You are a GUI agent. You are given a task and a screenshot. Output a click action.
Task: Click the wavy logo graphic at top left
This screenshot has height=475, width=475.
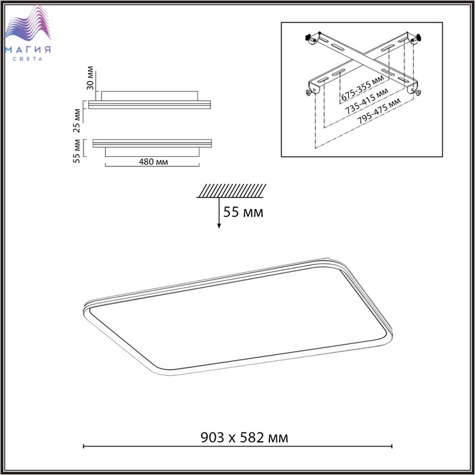coord(28,24)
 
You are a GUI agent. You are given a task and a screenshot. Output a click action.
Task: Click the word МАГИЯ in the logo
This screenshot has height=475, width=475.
coord(28,50)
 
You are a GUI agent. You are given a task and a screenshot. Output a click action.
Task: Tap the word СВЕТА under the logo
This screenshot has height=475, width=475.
coord(28,59)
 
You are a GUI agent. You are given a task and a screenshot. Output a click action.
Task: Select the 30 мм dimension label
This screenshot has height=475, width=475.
coord(90,78)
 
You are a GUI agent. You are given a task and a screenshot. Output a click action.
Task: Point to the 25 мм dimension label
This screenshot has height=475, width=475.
coord(77,121)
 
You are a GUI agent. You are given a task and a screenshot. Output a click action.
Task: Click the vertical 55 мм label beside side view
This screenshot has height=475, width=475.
coord(76,151)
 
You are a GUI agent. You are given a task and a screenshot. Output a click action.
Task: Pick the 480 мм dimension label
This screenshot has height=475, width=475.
coord(153,161)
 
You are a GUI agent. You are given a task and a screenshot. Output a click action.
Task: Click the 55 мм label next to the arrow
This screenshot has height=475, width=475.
coord(243,212)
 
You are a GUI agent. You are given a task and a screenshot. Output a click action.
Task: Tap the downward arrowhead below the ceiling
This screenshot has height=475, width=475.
coord(218,226)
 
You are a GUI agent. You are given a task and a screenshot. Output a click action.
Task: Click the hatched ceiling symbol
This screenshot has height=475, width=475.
coord(231,191)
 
